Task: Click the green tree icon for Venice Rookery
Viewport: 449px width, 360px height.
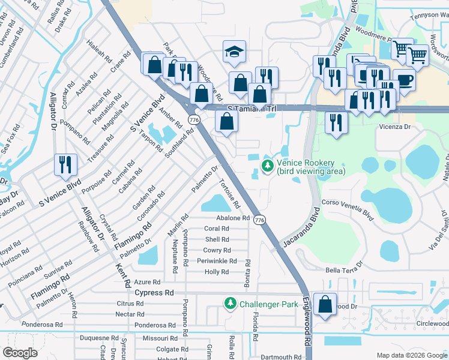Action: [266, 164]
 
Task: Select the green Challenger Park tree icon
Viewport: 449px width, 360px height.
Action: [229, 304]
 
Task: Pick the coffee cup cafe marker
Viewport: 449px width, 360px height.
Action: [404, 81]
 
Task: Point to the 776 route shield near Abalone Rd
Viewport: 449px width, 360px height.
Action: [259, 220]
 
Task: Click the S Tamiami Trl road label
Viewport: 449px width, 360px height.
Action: [252, 109]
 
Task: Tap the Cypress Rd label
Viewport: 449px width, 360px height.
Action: [154, 293]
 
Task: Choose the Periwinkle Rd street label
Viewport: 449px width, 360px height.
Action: [217, 261]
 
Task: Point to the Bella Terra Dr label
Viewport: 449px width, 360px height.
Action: [345, 267]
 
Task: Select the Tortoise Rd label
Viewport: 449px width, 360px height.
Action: [230, 193]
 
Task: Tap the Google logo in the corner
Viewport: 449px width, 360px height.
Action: [20, 353]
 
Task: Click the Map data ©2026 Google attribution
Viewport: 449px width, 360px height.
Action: [411, 355]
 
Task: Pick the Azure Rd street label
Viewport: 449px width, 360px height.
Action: [148, 282]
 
